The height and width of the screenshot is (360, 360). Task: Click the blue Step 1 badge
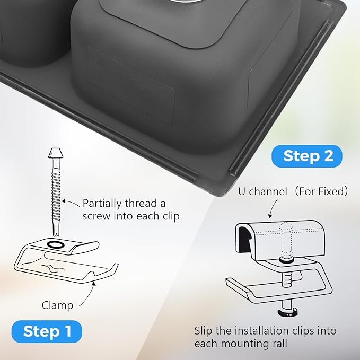pos(47,331)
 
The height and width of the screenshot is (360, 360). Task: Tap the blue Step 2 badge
pos(307,156)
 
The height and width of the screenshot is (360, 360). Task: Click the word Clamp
pos(57,305)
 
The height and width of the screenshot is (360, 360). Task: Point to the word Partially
pos(102,204)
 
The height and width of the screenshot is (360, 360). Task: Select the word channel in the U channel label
pos(268,191)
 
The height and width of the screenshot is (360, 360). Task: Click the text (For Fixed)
pos(321,191)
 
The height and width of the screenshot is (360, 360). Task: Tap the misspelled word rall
pos(279,344)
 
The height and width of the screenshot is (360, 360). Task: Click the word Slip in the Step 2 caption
pos(203,331)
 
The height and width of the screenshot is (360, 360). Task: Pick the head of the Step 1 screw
pos(56,153)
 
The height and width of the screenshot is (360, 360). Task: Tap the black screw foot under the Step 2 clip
pos(288,312)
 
